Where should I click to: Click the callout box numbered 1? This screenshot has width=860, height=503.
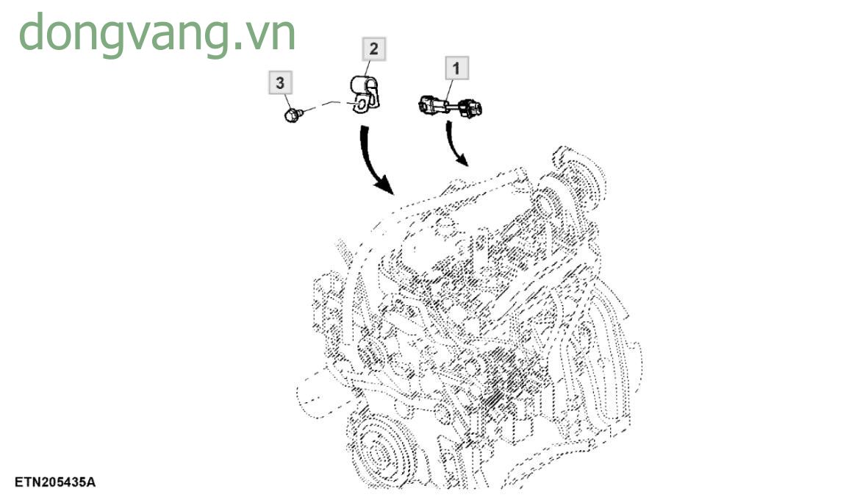456,69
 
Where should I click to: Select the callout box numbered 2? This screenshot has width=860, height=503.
373,49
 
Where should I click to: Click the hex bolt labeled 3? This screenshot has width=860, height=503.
292,114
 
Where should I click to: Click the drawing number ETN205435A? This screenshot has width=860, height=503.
54,482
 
